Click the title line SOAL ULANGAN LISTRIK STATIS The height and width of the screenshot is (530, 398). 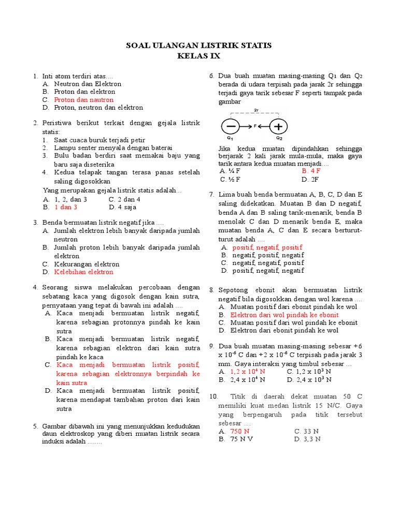pyautogui.click(x=199, y=46)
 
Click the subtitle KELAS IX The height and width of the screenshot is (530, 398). pyautogui.click(x=199, y=55)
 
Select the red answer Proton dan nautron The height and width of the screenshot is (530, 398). pyautogui.click(x=83, y=99)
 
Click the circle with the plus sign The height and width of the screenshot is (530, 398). pyautogui.click(x=279, y=126)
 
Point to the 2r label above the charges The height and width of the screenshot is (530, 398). pyautogui.click(x=256, y=110)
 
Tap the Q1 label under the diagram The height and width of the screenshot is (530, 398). pyautogui.click(x=230, y=138)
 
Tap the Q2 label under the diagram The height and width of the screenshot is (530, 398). pyautogui.click(x=279, y=138)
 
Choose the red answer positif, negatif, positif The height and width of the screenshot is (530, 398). pyautogui.click(x=267, y=247)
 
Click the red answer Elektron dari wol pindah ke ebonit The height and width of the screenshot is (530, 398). pyautogui.click(x=284, y=315)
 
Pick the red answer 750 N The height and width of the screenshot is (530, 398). pyautogui.click(x=239, y=431)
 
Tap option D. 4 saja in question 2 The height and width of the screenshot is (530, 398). pyautogui.click(x=123, y=207)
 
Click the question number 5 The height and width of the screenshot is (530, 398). pyautogui.click(x=35, y=426)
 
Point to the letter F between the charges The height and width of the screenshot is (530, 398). pyautogui.click(x=255, y=126)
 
